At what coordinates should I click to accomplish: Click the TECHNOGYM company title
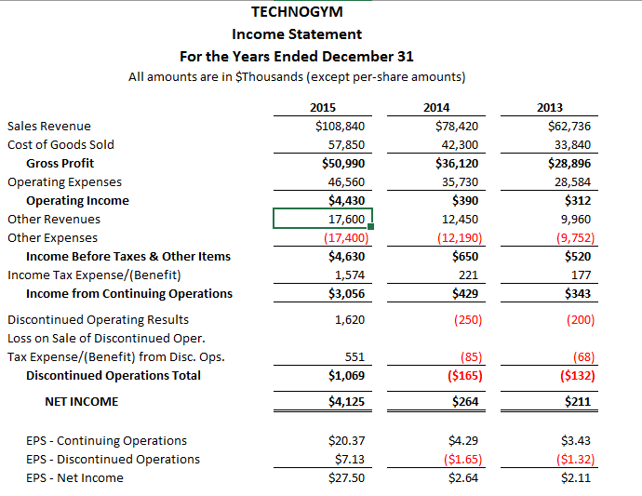coord(297,12)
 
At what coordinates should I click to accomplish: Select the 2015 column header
coord(322,107)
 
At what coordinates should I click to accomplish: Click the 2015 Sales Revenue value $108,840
coord(340,126)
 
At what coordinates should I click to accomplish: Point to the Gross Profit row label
coord(60,163)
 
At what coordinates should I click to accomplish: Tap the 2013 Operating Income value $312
coord(577,200)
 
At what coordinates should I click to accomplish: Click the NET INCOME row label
coord(81,401)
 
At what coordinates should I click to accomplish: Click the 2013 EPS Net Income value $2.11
coord(576,477)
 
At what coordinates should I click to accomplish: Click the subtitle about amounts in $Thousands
coord(297,76)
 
